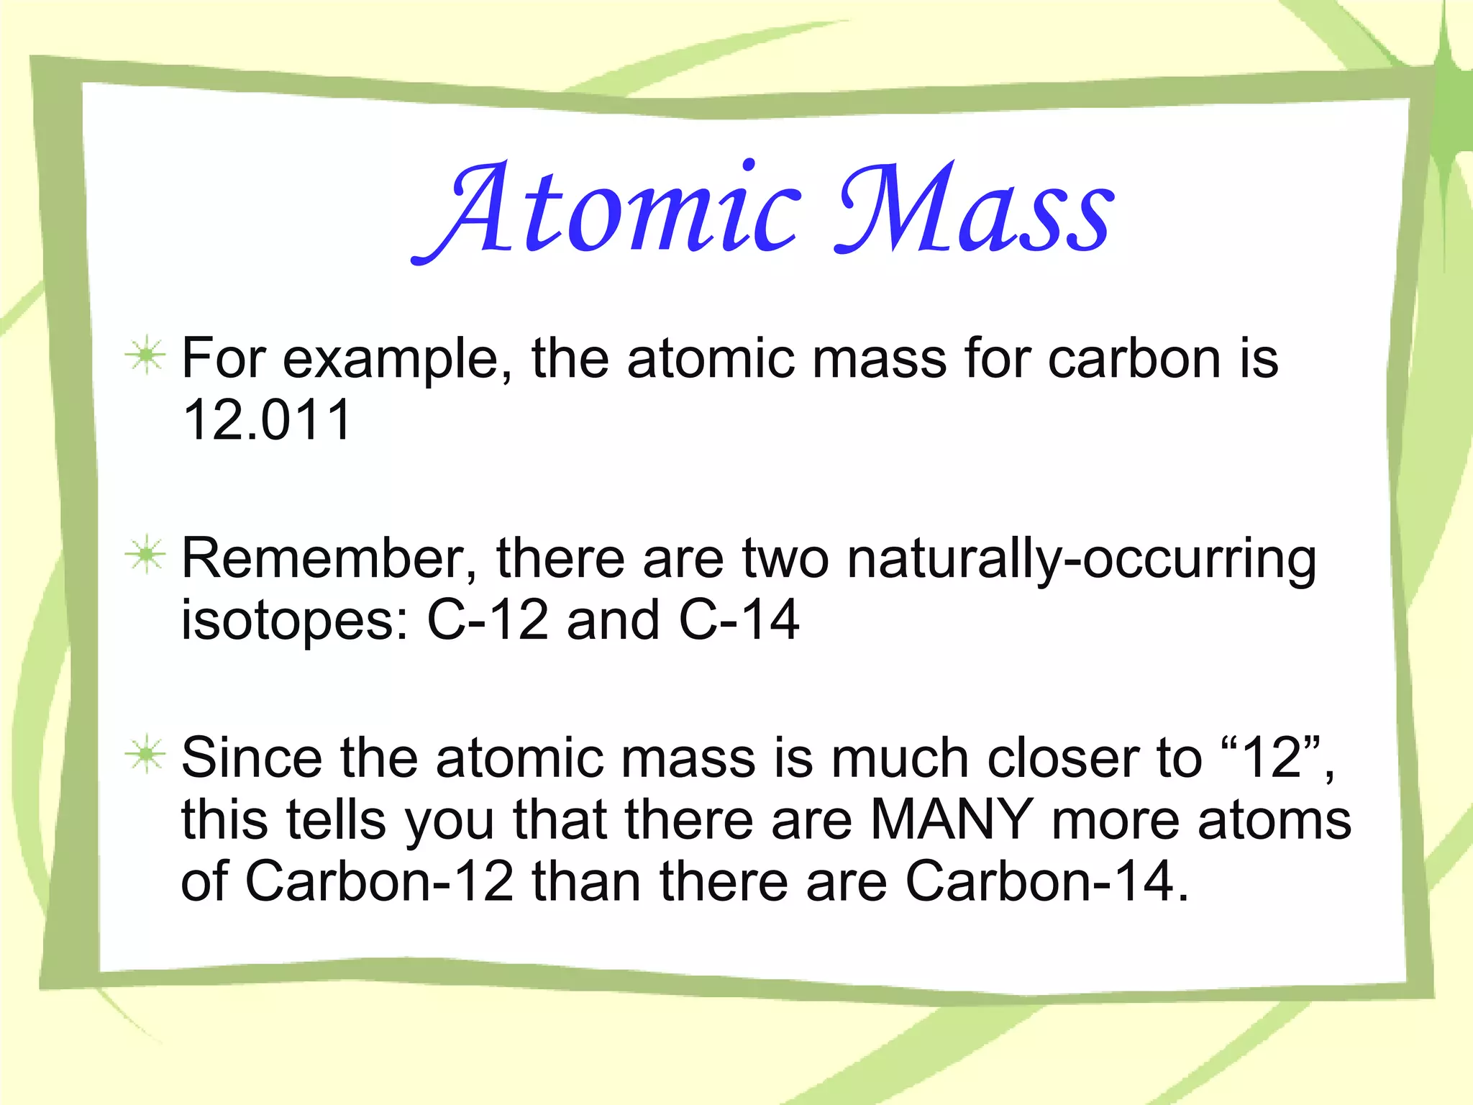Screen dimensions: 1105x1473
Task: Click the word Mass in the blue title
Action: click(x=975, y=209)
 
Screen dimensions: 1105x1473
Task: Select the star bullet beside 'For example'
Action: click(x=145, y=355)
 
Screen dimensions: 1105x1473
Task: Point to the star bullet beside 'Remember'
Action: click(x=145, y=555)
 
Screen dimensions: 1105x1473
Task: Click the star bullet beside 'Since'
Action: click(x=145, y=755)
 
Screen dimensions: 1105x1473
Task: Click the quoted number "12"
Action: click(x=1272, y=758)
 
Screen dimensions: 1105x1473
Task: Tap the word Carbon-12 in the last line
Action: click(x=379, y=881)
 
